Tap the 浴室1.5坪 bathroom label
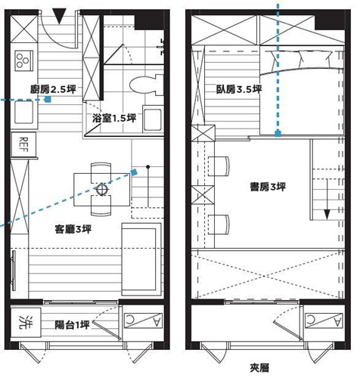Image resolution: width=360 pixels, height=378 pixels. (x=113, y=119)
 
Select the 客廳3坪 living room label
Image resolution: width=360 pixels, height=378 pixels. (x=73, y=228)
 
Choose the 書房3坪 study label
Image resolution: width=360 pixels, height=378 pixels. (x=268, y=187)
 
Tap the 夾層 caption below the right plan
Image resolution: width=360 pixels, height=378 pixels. (x=262, y=368)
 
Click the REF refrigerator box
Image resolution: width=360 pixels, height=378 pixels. (x=23, y=141)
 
